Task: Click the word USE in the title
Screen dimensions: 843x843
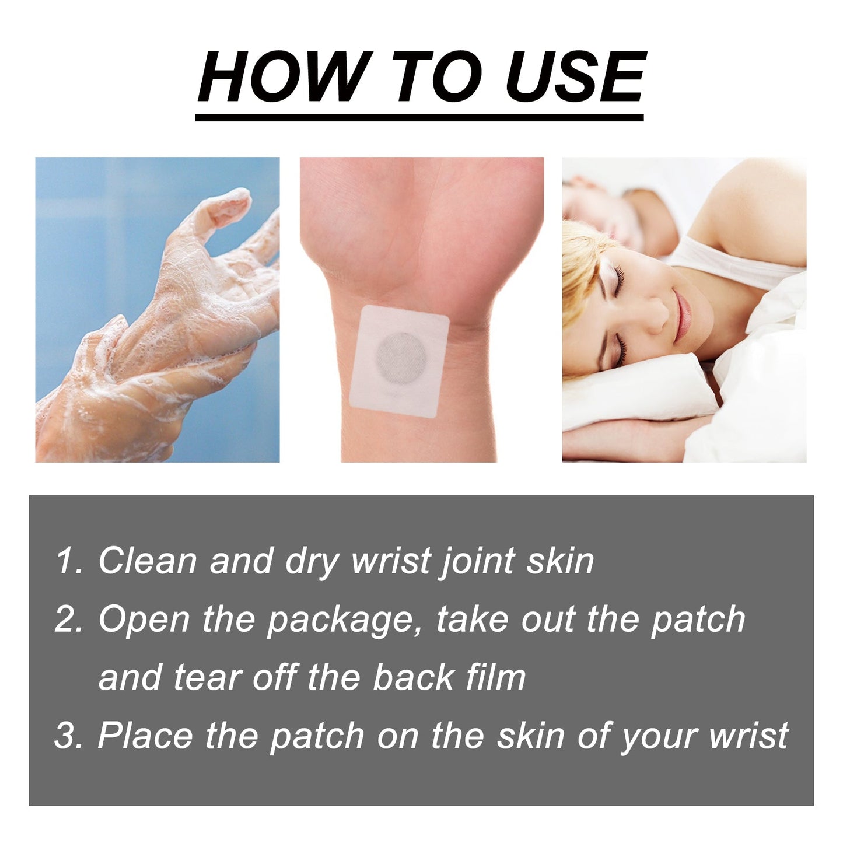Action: (575, 77)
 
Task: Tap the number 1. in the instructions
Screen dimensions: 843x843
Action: (69, 561)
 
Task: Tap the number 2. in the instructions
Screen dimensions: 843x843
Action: (69, 620)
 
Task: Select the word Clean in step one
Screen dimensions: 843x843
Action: (148, 561)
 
